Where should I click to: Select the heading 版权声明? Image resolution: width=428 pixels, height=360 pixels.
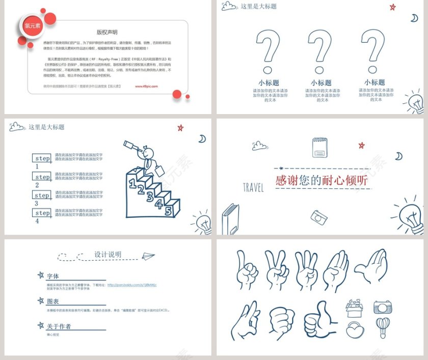click(107, 32)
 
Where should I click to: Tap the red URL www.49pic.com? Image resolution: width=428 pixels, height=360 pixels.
click(146, 87)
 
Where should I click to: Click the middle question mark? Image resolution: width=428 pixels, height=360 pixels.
click(320, 51)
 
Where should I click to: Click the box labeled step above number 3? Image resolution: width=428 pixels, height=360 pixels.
click(42, 195)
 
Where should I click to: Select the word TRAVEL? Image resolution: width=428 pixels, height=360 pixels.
click(253, 188)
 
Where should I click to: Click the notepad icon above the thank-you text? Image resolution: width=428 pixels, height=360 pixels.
click(319, 147)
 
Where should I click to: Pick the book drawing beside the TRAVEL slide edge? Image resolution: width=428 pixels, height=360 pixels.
click(230, 218)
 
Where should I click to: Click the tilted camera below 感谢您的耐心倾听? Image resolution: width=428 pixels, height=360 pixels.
click(319, 217)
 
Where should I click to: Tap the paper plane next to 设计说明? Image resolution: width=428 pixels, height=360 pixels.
click(148, 256)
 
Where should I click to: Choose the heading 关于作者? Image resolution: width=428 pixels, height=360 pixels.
click(59, 326)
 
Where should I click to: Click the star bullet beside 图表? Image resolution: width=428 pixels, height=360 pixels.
click(41, 301)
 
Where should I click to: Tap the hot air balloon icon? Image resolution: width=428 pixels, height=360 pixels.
click(382, 327)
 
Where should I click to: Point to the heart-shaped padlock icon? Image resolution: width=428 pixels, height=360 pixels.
click(355, 329)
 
